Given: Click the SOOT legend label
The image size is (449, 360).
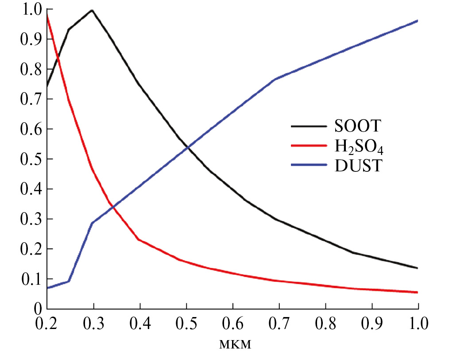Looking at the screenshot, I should click(x=356, y=126).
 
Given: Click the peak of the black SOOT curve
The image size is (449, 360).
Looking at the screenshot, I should click(x=92, y=10).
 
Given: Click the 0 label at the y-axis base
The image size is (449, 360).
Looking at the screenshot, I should click(x=38, y=309).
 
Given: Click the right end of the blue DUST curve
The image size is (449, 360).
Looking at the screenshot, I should click(x=418, y=20).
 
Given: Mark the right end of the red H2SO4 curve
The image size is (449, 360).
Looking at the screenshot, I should click(x=418, y=292).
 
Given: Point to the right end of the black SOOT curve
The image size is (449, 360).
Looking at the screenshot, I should click(x=418, y=268).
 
